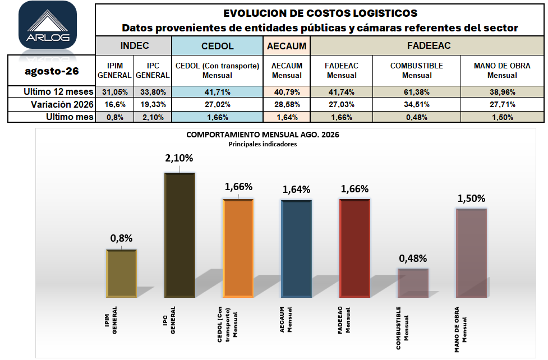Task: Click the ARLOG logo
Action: point(48,25)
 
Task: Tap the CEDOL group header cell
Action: point(217,46)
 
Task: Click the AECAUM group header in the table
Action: point(287,46)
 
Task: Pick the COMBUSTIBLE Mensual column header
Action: point(417,71)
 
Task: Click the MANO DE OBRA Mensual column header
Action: point(502,71)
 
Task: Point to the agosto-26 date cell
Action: point(52,71)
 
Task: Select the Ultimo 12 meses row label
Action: point(58,91)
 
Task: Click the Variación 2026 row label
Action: point(62,104)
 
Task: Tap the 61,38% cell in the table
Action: point(417,92)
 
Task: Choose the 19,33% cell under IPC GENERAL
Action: point(153,104)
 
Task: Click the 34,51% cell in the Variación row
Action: point(417,104)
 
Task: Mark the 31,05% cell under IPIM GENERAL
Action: point(114,92)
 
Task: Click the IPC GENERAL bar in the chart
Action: point(179,235)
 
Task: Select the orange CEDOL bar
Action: point(238,248)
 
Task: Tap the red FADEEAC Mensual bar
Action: point(354,248)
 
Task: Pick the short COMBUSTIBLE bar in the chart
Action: point(413,283)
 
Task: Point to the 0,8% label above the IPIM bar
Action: point(121,238)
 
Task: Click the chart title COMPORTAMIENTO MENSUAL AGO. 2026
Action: point(263,135)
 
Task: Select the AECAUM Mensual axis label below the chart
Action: point(285,320)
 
